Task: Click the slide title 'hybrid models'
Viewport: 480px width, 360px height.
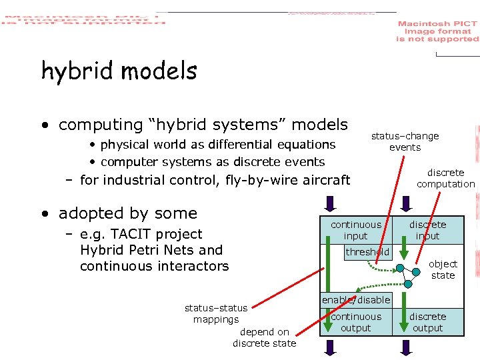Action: (119, 71)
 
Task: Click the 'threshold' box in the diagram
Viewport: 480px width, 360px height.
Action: (367, 252)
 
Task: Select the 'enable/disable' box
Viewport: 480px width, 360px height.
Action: (356, 300)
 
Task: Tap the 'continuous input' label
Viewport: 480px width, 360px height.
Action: (356, 230)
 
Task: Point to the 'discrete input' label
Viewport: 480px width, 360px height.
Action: (427, 230)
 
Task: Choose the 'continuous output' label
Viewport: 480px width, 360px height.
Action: (356, 322)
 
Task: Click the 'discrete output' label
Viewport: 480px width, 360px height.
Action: (427, 322)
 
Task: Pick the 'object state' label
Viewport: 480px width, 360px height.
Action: (443, 269)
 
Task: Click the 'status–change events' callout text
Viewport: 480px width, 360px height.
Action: (405, 141)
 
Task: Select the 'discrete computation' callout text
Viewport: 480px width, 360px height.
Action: (445, 178)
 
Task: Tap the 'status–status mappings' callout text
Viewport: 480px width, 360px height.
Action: (215, 313)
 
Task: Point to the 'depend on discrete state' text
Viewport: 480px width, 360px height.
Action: (264, 337)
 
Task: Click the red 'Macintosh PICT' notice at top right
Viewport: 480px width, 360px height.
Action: (437, 31)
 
